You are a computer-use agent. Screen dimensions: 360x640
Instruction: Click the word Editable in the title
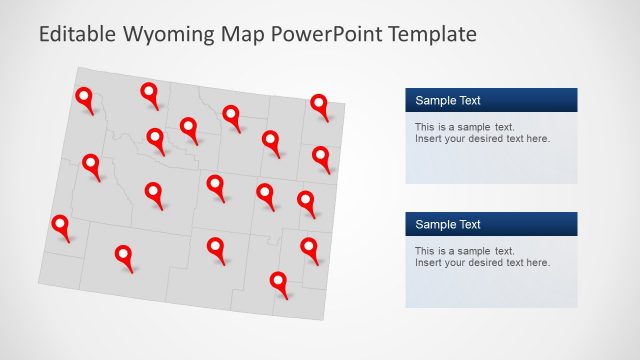tap(76, 35)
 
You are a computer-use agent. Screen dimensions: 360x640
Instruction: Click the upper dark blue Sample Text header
tap(491, 100)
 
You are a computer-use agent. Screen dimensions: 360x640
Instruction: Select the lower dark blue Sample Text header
tap(491, 224)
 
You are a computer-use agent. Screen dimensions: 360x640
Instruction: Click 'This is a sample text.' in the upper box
tap(465, 127)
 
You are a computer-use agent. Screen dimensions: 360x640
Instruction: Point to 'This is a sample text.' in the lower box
tap(465, 251)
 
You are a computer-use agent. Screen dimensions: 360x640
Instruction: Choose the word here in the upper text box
tap(537, 138)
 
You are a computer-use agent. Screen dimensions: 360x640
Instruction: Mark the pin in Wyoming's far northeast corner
tap(319, 103)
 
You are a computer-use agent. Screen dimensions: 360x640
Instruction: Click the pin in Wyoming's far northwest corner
tap(84, 97)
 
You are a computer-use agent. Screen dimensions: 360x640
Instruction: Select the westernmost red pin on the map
tap(61, 224)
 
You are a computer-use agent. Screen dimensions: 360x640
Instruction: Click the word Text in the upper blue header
tap(469, 100)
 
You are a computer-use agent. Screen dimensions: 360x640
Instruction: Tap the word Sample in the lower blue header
tap(434, 224)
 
